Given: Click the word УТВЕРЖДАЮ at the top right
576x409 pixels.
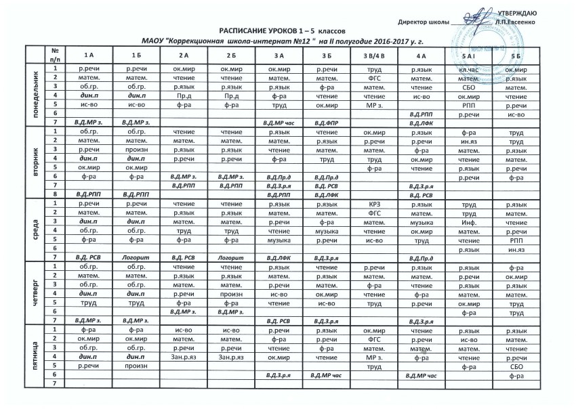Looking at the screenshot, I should [x=518, y=14].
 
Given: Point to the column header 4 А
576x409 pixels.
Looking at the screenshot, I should [x=421, y=54].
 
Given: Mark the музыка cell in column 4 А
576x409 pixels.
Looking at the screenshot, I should [x=421, y=221].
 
